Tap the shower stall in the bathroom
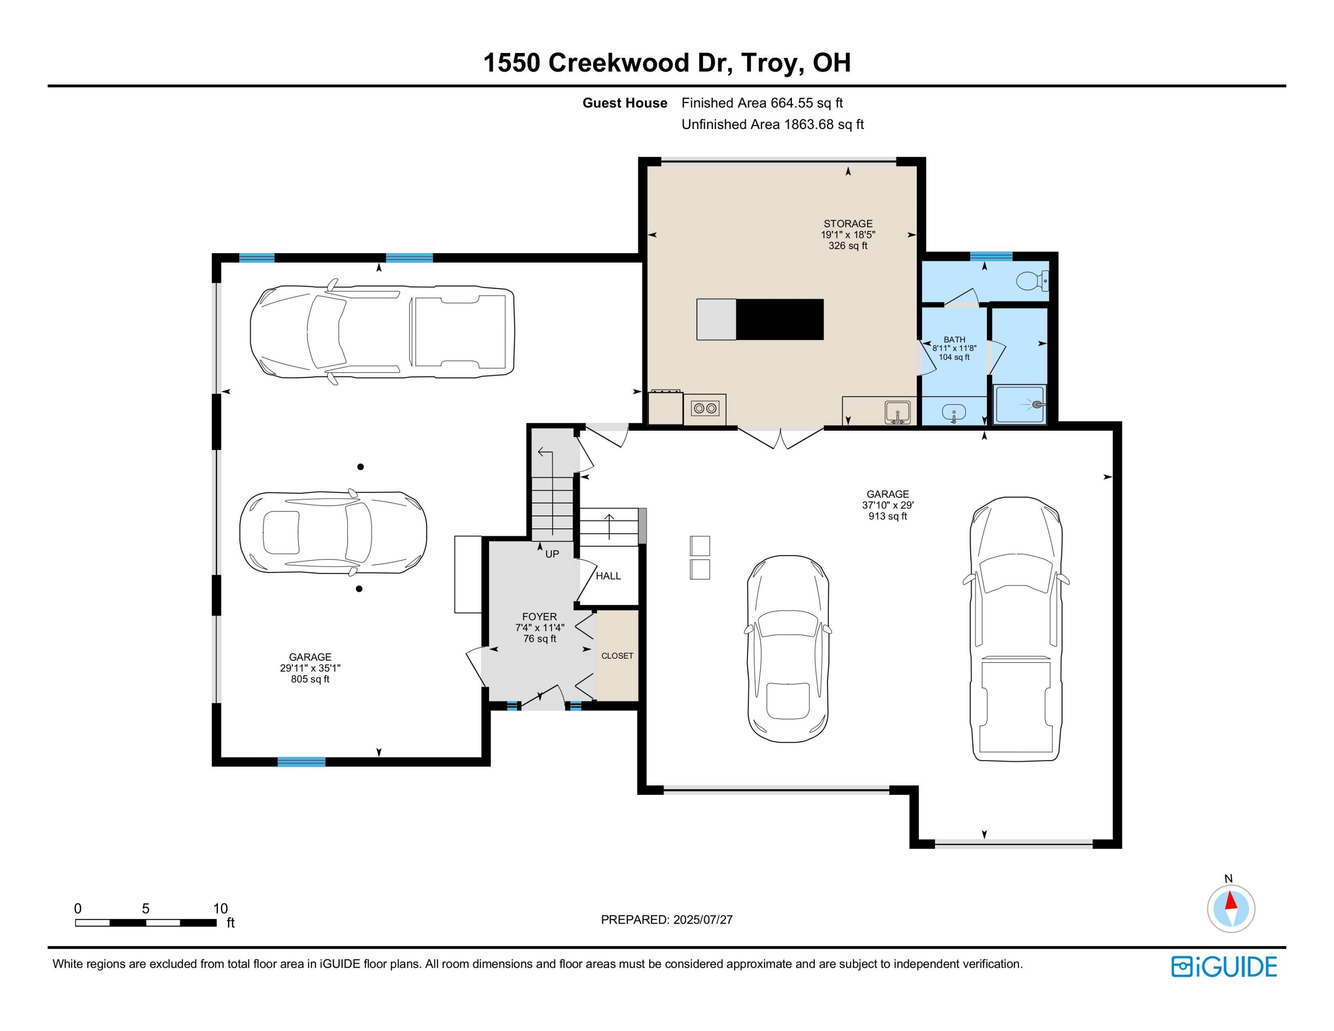point(1020,404)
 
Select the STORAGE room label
point(848,224)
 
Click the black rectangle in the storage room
point(780,319)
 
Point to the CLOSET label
point(617,655)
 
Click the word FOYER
point(539,616)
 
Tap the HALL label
point(608,576)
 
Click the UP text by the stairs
point(551,554)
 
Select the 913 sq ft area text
point(888,516)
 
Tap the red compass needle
point(1231,901)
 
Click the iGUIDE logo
point(1223,966)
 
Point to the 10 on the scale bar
point(220,908)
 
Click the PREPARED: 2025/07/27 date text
point(667,919)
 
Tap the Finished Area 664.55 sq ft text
point(762,103)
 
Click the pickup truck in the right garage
point(1016,629)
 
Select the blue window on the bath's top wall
point(991,256)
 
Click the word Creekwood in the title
point(618,62)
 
